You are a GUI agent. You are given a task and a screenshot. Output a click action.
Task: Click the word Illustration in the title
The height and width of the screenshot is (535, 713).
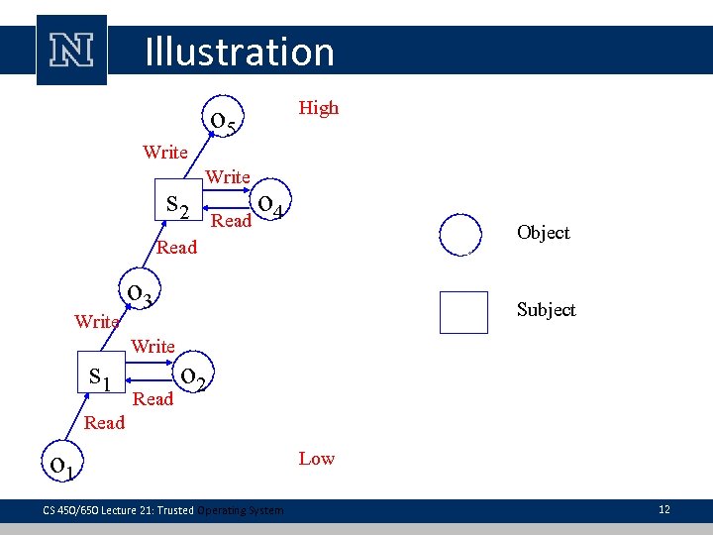pos(239,52)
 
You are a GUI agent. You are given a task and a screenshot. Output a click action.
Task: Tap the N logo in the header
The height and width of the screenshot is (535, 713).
pos(71,50)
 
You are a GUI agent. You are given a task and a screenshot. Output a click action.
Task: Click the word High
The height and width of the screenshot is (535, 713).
pos(319,108)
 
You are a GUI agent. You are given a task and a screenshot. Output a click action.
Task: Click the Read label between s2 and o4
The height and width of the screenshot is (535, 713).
pos(232,221)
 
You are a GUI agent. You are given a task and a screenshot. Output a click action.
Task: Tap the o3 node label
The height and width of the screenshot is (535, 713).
pos(141,293)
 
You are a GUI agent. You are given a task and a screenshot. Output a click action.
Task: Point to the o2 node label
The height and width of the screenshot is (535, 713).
pos(193,376)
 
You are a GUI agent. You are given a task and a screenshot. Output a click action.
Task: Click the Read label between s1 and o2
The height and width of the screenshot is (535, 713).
pos(153,399)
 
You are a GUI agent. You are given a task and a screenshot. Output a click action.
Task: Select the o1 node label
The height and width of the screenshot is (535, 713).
pos(66,463)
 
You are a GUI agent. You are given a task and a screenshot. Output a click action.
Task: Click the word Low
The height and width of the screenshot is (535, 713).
pos(317,459)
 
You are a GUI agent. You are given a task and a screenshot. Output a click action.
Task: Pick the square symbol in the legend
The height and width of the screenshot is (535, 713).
pos(462,312)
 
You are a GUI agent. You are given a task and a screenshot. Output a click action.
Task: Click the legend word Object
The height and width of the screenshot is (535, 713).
pos(543,233)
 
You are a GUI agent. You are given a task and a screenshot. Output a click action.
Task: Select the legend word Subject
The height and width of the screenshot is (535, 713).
pos(546,310)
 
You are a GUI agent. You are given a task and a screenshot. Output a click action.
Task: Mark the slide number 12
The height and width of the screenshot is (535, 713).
pos(663,509)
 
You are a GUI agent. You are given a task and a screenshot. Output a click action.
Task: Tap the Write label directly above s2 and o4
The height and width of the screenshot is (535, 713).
pos(228,177)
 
